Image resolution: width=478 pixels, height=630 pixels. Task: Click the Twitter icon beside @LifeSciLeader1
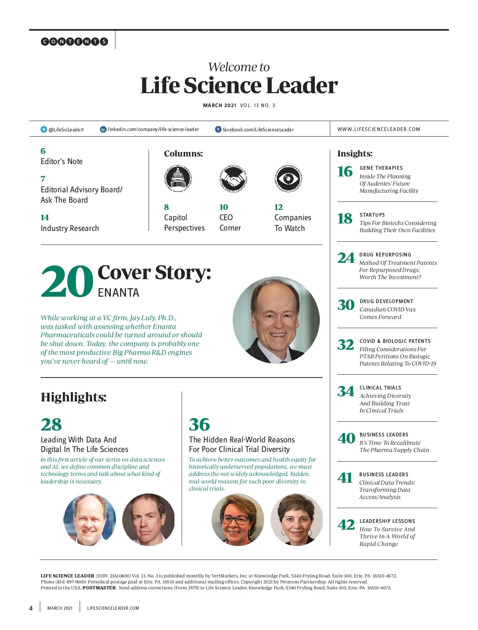coord(44,129)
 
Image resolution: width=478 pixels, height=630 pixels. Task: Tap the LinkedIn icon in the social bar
coord(103,129)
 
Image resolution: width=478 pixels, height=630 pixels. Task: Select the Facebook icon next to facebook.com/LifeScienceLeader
coord(218,129)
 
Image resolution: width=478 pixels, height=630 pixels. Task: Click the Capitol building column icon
coord(178,178)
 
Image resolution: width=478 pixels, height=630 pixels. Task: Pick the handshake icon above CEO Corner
coord(233,178)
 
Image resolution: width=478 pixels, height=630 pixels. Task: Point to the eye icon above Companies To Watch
coord(288,178)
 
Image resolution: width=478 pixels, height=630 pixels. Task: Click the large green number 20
coord(67,282)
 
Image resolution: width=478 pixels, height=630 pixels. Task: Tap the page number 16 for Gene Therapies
coord(345,172)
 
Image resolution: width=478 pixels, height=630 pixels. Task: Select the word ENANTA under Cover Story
coord(118,293)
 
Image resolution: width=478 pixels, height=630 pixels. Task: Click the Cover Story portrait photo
coord(276,320)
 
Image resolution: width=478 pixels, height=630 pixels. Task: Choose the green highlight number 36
coord(199,425)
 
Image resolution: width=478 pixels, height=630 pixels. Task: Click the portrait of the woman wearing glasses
coord(237,519)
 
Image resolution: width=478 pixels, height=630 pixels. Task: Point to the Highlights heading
coord(73,397)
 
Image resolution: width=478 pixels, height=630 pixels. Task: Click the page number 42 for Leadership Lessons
coord(346,524)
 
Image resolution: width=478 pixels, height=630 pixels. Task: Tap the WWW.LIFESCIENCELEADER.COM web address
coord(378,129)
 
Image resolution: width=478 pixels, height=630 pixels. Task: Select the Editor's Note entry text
coord(62,161)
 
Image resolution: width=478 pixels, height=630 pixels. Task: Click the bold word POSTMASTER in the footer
coord(99,588)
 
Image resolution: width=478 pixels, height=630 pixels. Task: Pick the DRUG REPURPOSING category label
coord(385,255)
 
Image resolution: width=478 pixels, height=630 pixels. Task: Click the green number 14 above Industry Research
coord(45,217)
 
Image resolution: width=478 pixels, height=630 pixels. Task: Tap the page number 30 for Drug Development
coord(346,305)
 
